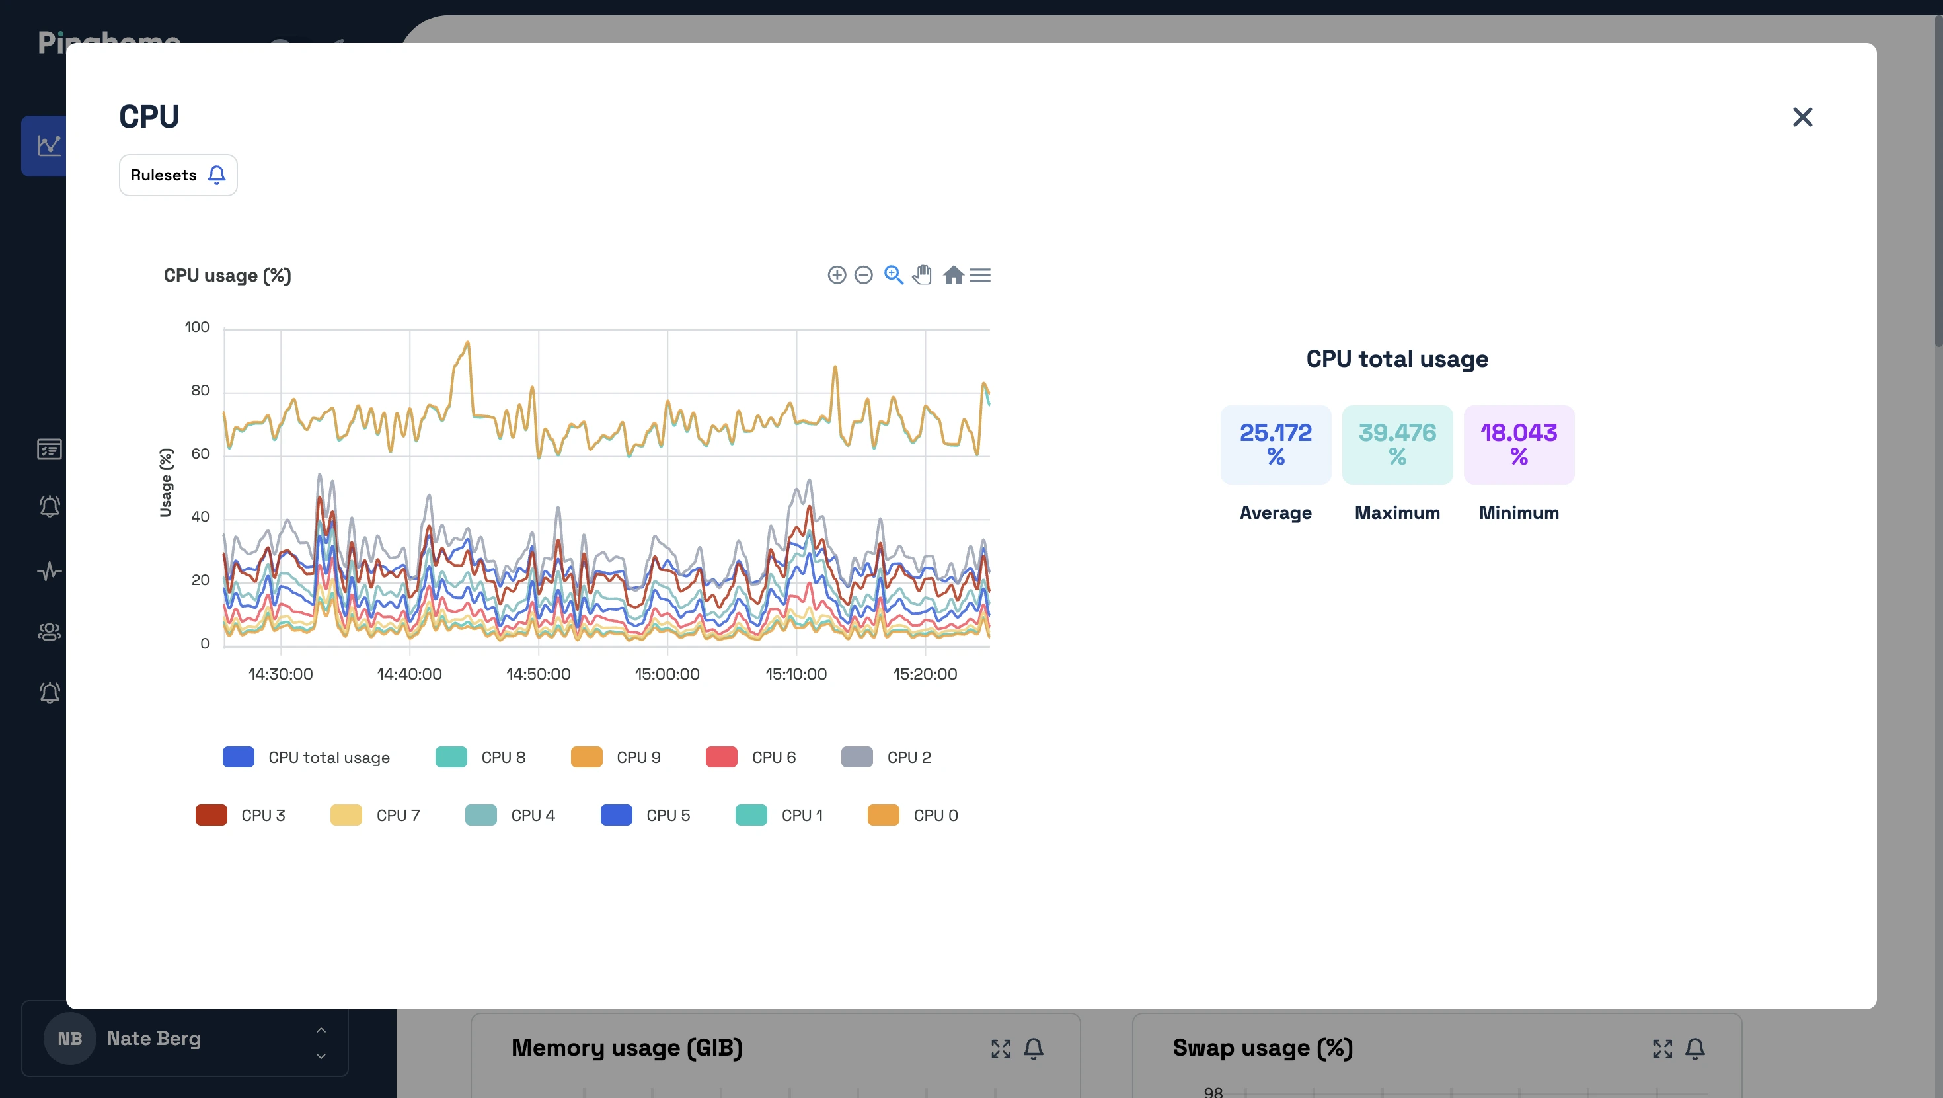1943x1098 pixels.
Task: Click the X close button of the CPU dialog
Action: tap(1802, 117)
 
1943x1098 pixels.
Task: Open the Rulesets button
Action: tap(178, 175)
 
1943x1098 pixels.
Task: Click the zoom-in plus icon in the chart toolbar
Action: tap(837, 276)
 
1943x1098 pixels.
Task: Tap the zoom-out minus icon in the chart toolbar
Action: tap(864, 276)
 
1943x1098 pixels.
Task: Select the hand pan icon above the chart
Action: tap(922, 276)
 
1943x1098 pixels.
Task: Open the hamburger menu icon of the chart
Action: tap(980, 276)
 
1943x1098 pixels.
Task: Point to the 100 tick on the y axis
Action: tap(197, 327)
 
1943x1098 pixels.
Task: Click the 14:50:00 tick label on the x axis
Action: tap(538, 674)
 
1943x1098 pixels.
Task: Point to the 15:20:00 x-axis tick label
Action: tap(925, 674)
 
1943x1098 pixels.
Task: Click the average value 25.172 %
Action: tap(1276, 444)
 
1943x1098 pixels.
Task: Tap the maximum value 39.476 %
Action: tap(1397, 444)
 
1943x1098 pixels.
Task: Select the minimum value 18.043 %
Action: tap(1518, 444)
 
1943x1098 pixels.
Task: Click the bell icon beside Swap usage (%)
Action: tap(1695, 1048)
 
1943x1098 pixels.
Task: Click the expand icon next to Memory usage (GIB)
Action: tap(1001, 1048)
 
